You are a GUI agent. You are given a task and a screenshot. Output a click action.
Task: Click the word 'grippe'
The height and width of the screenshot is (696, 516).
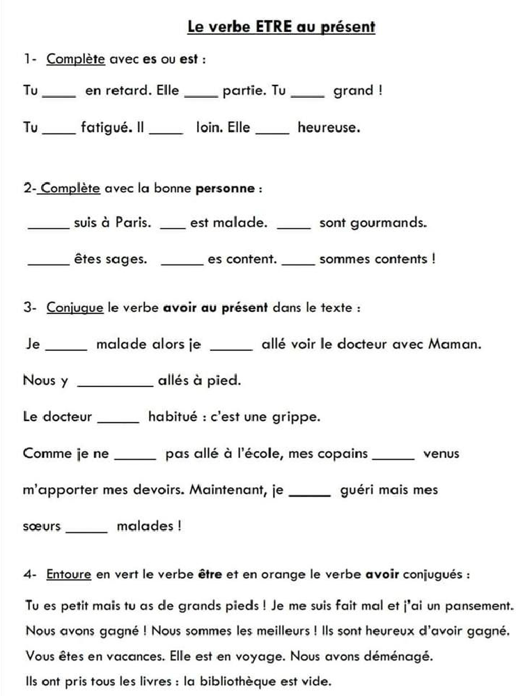299,418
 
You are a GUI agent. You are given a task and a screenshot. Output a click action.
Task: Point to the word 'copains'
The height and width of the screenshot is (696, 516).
343,454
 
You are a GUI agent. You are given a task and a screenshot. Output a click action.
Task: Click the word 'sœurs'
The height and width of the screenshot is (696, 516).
42,525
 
